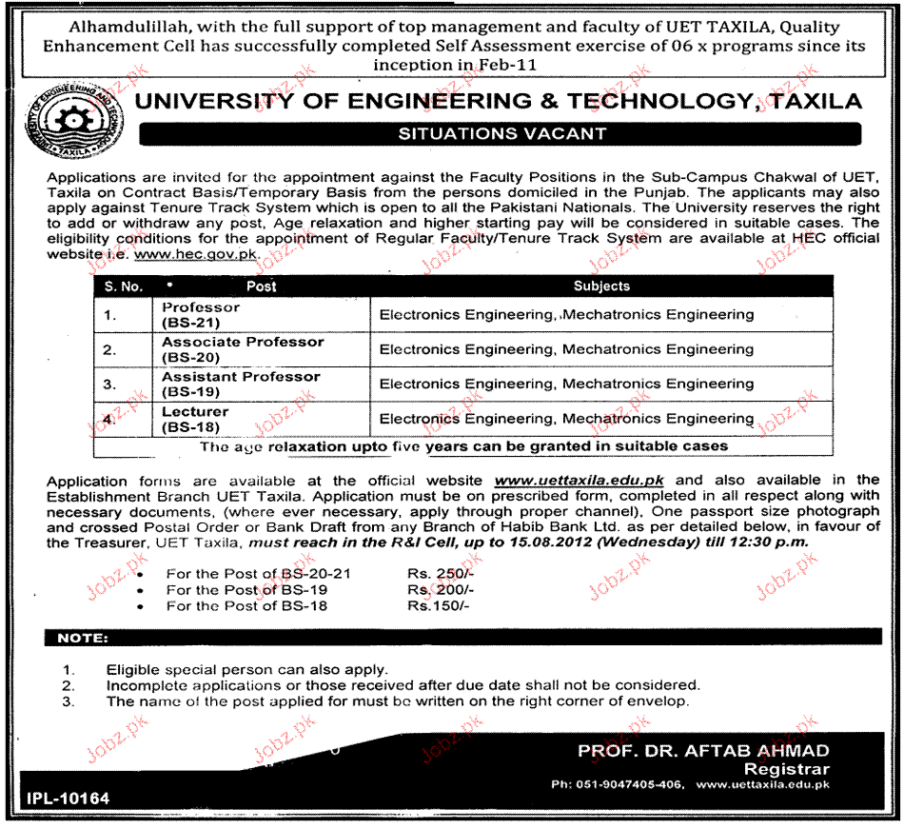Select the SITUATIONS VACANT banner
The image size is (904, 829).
(501, 134)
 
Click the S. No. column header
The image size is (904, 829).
(124, 286)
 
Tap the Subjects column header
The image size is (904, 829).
(601, 286)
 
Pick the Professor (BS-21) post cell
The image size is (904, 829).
(202, 315)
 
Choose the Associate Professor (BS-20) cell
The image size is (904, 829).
(243, 349)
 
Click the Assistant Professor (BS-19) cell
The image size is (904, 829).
(241, 384)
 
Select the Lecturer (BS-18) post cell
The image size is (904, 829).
(195, 419)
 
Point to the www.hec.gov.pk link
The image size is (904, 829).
(196, 255)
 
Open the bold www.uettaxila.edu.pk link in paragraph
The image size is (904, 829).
(580, 481)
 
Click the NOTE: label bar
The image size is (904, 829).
(83, 638)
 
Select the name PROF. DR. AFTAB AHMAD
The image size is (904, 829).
(703, 751)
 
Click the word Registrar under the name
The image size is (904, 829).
(786, 769)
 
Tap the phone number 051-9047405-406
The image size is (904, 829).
(631, 785)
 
